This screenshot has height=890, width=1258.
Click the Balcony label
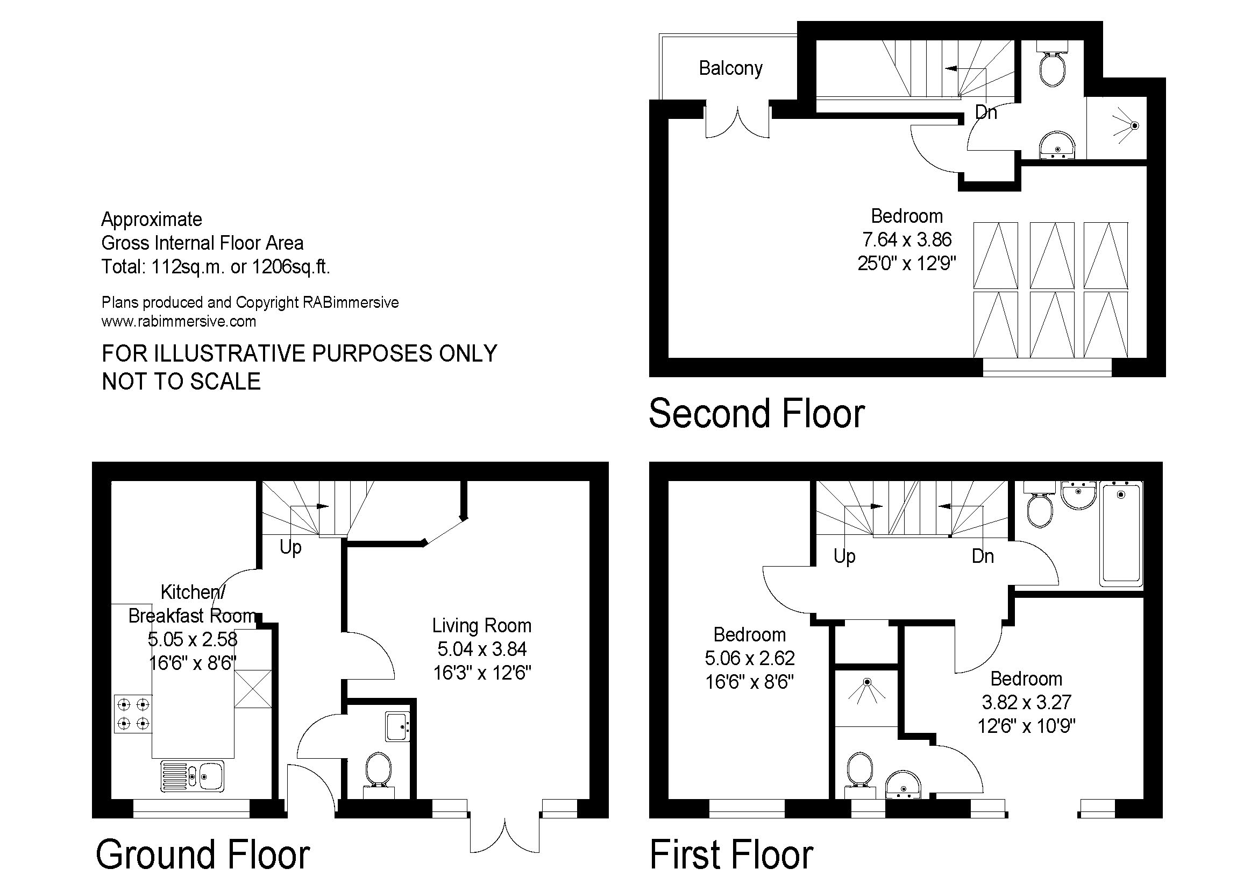pos(730,68)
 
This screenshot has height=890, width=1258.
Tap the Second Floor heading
pos(757,414)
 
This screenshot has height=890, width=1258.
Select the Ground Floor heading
pos(203,854)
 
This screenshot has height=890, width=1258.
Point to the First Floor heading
pos(731,854)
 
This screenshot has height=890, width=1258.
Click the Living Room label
pos(481,625)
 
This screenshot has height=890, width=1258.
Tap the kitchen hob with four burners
pos(133,713)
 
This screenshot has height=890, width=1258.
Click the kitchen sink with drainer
pos(193,775)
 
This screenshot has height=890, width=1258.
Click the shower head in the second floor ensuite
pos(1134,125)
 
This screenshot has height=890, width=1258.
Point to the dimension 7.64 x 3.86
pos(907,239)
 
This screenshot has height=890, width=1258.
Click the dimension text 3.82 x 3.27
pos(1026,702)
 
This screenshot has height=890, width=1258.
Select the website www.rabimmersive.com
pos(179,321)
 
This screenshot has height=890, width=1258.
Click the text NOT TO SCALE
pos(181,382)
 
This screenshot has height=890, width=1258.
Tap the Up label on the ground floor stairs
pos(290,547)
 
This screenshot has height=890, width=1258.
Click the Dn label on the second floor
pos(986,112)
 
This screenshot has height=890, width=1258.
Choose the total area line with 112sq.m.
pos(216,267)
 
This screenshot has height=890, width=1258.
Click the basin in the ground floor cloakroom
pos(398,726)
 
